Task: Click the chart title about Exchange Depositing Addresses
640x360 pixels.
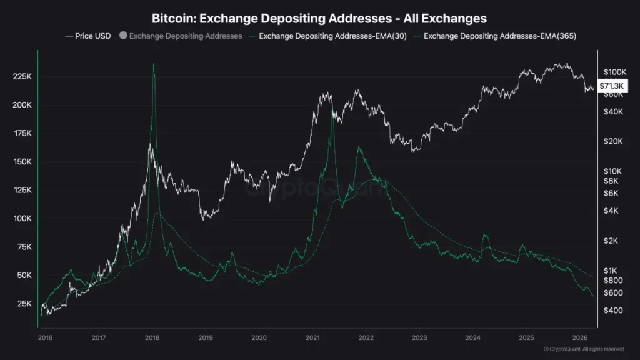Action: [x=319, y=19]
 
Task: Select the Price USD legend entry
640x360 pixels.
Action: [x=88, y=36]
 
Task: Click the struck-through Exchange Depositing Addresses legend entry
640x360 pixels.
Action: [x=185, y=36]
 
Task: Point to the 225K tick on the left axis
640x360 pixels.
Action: [x=22, y=76]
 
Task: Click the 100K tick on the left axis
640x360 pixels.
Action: [x=22, y=219]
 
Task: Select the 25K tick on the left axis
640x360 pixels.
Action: [x=24, y=304]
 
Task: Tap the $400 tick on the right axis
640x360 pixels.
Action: [x=616, y=311]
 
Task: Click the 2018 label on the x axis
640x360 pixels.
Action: [x=152, y=337]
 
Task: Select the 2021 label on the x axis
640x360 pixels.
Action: [x=312, y=337]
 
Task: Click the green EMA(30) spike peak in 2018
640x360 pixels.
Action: [x=153, y=64]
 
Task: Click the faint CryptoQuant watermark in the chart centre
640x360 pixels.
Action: [x=319, y=187]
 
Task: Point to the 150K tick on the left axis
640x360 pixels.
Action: [x=22, y=162]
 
